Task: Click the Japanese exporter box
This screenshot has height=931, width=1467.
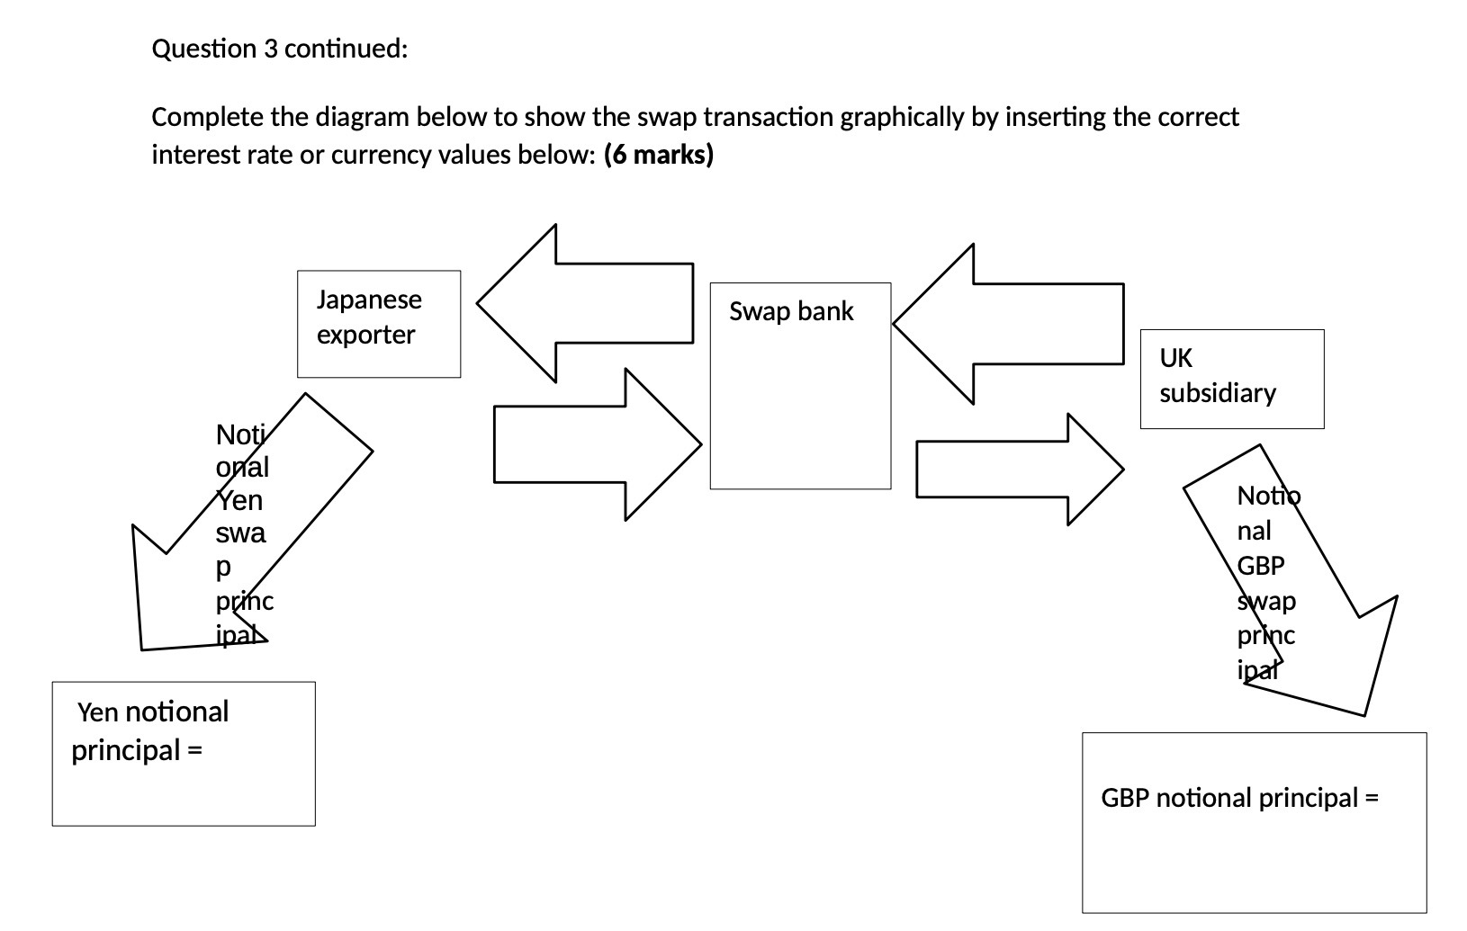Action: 379,324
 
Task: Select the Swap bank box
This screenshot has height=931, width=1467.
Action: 800,387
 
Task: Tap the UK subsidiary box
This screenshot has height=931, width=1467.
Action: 1231,379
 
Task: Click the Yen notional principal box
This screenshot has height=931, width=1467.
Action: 184,754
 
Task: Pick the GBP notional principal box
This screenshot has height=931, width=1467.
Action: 1254,823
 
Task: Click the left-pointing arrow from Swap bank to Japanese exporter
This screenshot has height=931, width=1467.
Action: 594,303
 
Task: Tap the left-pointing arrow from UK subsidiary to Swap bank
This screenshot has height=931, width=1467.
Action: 1017,323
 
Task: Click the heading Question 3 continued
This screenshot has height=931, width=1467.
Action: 280,49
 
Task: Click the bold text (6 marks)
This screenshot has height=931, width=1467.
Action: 659,156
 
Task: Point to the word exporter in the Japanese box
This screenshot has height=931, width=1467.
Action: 365,336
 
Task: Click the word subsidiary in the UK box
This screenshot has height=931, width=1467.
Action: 1217,394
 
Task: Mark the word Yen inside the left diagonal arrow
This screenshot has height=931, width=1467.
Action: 239,500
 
